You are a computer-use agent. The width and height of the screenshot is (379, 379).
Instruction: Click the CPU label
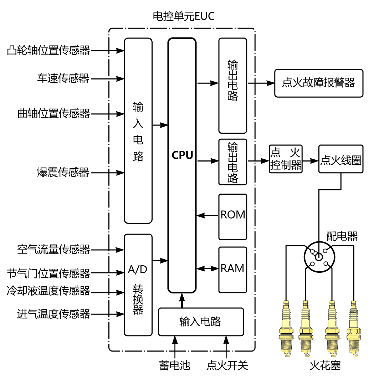(182, 155)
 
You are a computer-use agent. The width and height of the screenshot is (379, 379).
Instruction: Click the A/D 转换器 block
(138, 285)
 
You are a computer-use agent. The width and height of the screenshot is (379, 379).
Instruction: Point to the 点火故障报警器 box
(318, 83)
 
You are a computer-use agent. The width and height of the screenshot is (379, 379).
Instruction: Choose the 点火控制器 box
(286, 159)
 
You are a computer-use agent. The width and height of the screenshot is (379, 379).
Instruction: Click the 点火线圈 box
(341, 159)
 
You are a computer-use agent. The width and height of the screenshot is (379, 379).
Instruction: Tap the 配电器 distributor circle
(319, 257)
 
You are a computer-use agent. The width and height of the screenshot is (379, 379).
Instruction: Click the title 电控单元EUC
(184, 16)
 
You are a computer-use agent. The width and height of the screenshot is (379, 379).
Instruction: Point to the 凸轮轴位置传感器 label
(48, 51)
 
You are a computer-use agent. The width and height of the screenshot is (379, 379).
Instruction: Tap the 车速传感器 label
(63, 78)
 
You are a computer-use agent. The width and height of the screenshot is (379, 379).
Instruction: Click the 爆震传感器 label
(63, 173)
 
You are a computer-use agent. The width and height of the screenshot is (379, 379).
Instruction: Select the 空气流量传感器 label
(53, 249)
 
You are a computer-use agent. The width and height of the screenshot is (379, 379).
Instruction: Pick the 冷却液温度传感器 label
(48, 291)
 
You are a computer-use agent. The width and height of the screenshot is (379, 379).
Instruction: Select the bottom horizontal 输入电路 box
(201, 322)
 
